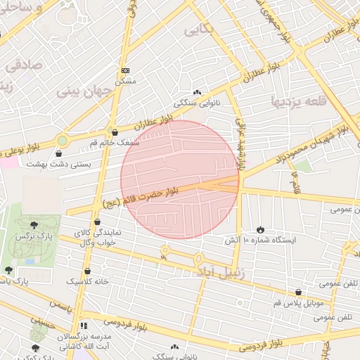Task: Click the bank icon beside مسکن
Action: pos(126,70)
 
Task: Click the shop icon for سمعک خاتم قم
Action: pos(115,132)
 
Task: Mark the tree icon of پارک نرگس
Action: pos(34,224)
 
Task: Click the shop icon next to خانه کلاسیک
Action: pos(87,271)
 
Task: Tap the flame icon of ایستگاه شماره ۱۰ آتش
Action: pos(260,229)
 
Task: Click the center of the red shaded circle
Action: pos(180,180)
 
